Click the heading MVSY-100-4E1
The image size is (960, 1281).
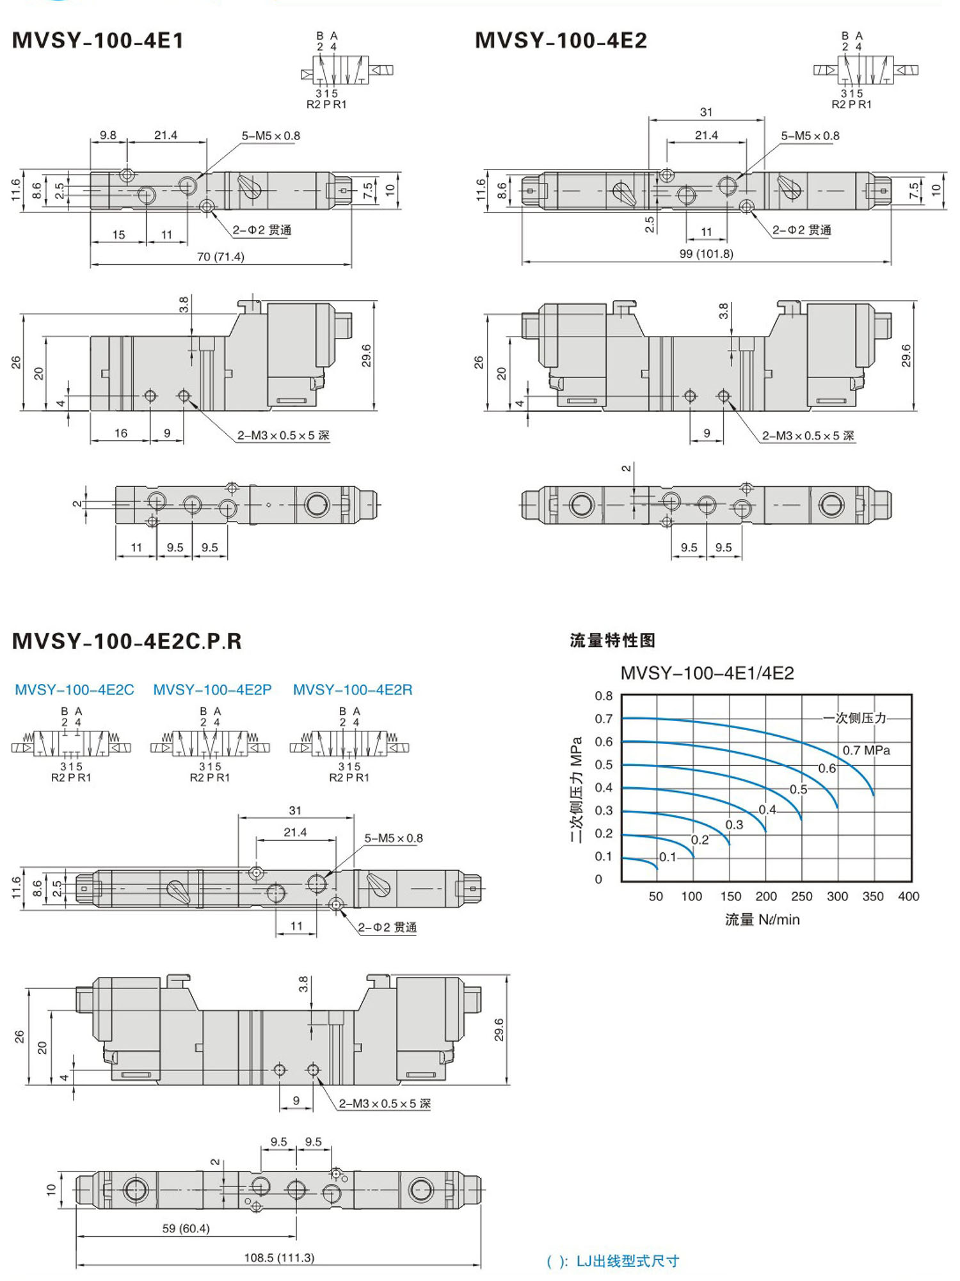pyautogui.click(x=98, y=41)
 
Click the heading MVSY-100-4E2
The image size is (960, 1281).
pyautogui.click(x=561, y=41)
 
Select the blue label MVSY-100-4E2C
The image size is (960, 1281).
pyautogui.click(x=74, y=690)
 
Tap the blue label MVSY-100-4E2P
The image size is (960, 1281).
pyautogui.click(x=212, y=690)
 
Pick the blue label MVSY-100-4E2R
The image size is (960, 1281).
pyautogui.click(x=353, y=690)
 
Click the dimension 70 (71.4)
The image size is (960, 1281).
pyautogui.click(x=220, y=257)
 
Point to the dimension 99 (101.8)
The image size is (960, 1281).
pyautogui.click(x=706, y=254)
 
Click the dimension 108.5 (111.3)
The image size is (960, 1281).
pyautogui.click(x=279, y=1257)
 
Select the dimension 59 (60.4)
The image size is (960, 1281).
pyautogui.click(x=186, y=1228)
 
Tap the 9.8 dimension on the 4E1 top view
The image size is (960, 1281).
pyautogui.click(x=108, y=135)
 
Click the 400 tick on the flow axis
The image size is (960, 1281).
pyautogui.click(x=908, y=896)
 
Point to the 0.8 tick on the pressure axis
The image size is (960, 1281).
pyautogui.click(x=604, y=696)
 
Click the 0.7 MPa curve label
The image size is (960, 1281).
pyautogui.click(x=866, y=750)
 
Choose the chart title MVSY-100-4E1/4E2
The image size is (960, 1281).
pyautogui.click(x=707, y=673)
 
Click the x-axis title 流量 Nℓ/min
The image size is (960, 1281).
pyautogui.click(x=762, y=919)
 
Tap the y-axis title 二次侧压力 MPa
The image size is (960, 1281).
pyautogui.click(x=577, y=788)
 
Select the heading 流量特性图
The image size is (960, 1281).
pyautogui.click(x=612, y=640)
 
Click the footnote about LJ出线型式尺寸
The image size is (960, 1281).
pyautogui.click(x=612, y=1261)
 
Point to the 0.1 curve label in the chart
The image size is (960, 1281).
pyautogui.click(x=668, y=857)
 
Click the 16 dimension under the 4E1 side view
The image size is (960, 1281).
pyautogui.click(x=121, y=433)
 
